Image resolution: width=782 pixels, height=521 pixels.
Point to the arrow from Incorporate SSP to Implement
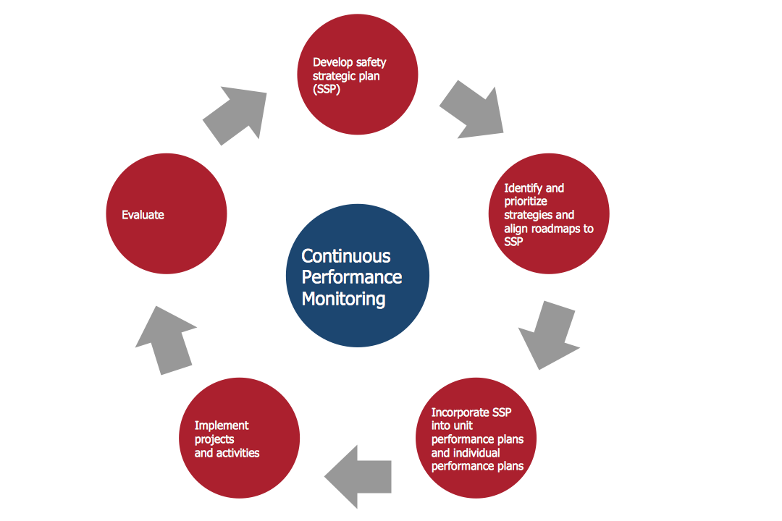(359, 475)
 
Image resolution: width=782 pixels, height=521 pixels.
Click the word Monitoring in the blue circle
(343, 298)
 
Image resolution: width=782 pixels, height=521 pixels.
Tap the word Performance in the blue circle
(352, 277)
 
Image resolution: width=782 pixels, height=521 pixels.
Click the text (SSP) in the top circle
(327, 90)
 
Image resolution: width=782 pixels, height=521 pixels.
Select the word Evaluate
(143, 215)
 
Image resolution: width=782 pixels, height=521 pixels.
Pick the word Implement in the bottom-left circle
(222, 425)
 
